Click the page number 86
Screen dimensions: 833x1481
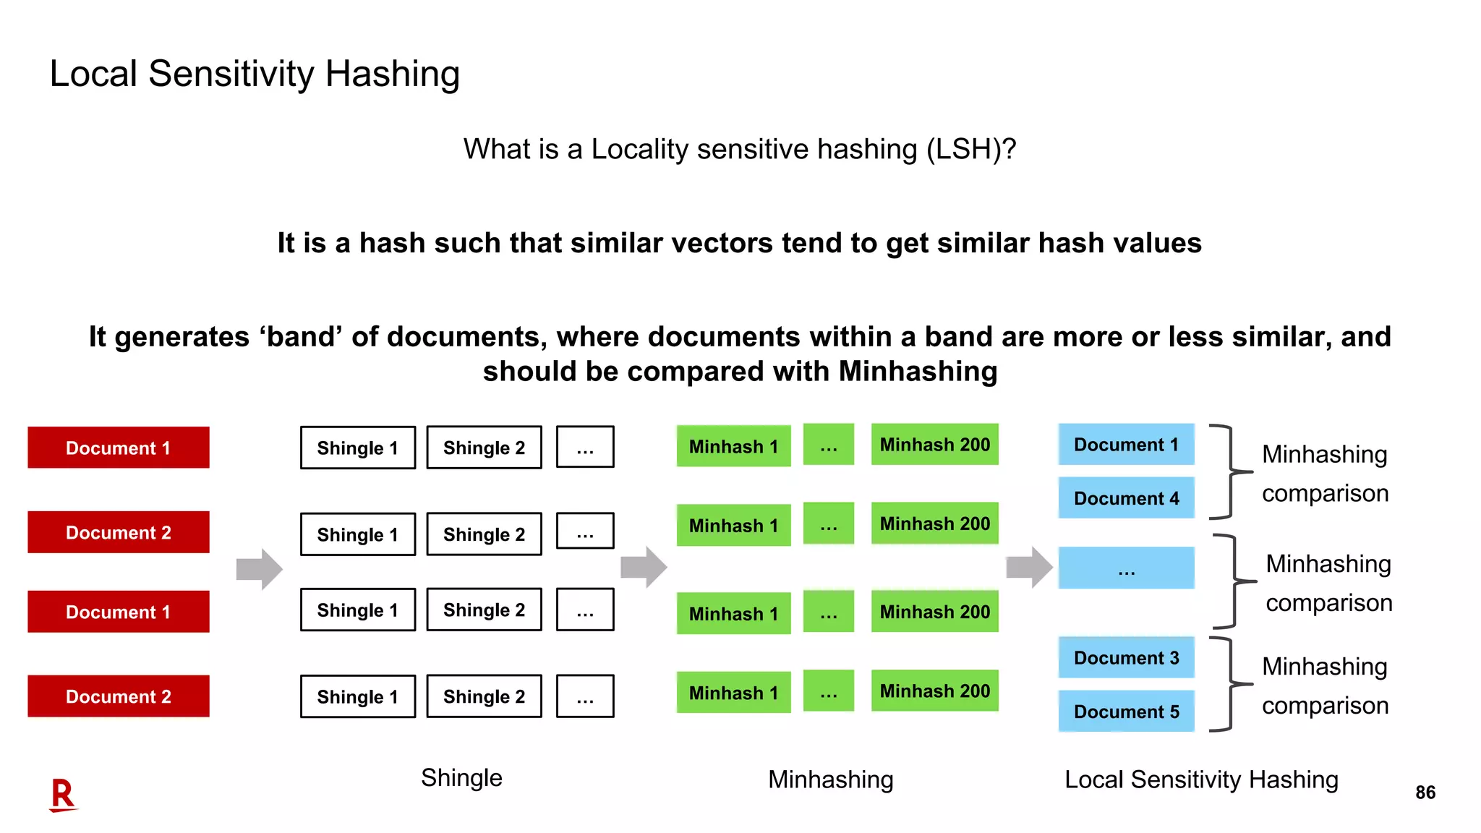tap(1425, 793)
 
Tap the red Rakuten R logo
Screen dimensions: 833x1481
tap(63, 795)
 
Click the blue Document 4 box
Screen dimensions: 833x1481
tap(1126, 497)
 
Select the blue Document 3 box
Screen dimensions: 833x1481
tap(1126, 657)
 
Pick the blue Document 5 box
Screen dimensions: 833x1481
tap(1126, 711)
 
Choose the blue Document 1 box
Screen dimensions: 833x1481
tap(1126, 444)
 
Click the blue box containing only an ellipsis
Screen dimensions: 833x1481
tap(1126, 568)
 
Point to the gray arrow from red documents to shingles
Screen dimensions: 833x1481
tap(259, 569)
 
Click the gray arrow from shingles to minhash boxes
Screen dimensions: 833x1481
tap(644, 567)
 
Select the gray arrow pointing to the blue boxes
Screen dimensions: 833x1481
tap(1029, 567)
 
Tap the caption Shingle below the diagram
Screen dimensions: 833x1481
tap(461, 778)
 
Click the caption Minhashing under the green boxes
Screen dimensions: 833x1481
tap(830, 779)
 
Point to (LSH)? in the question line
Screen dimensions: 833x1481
tap(971, 149)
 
